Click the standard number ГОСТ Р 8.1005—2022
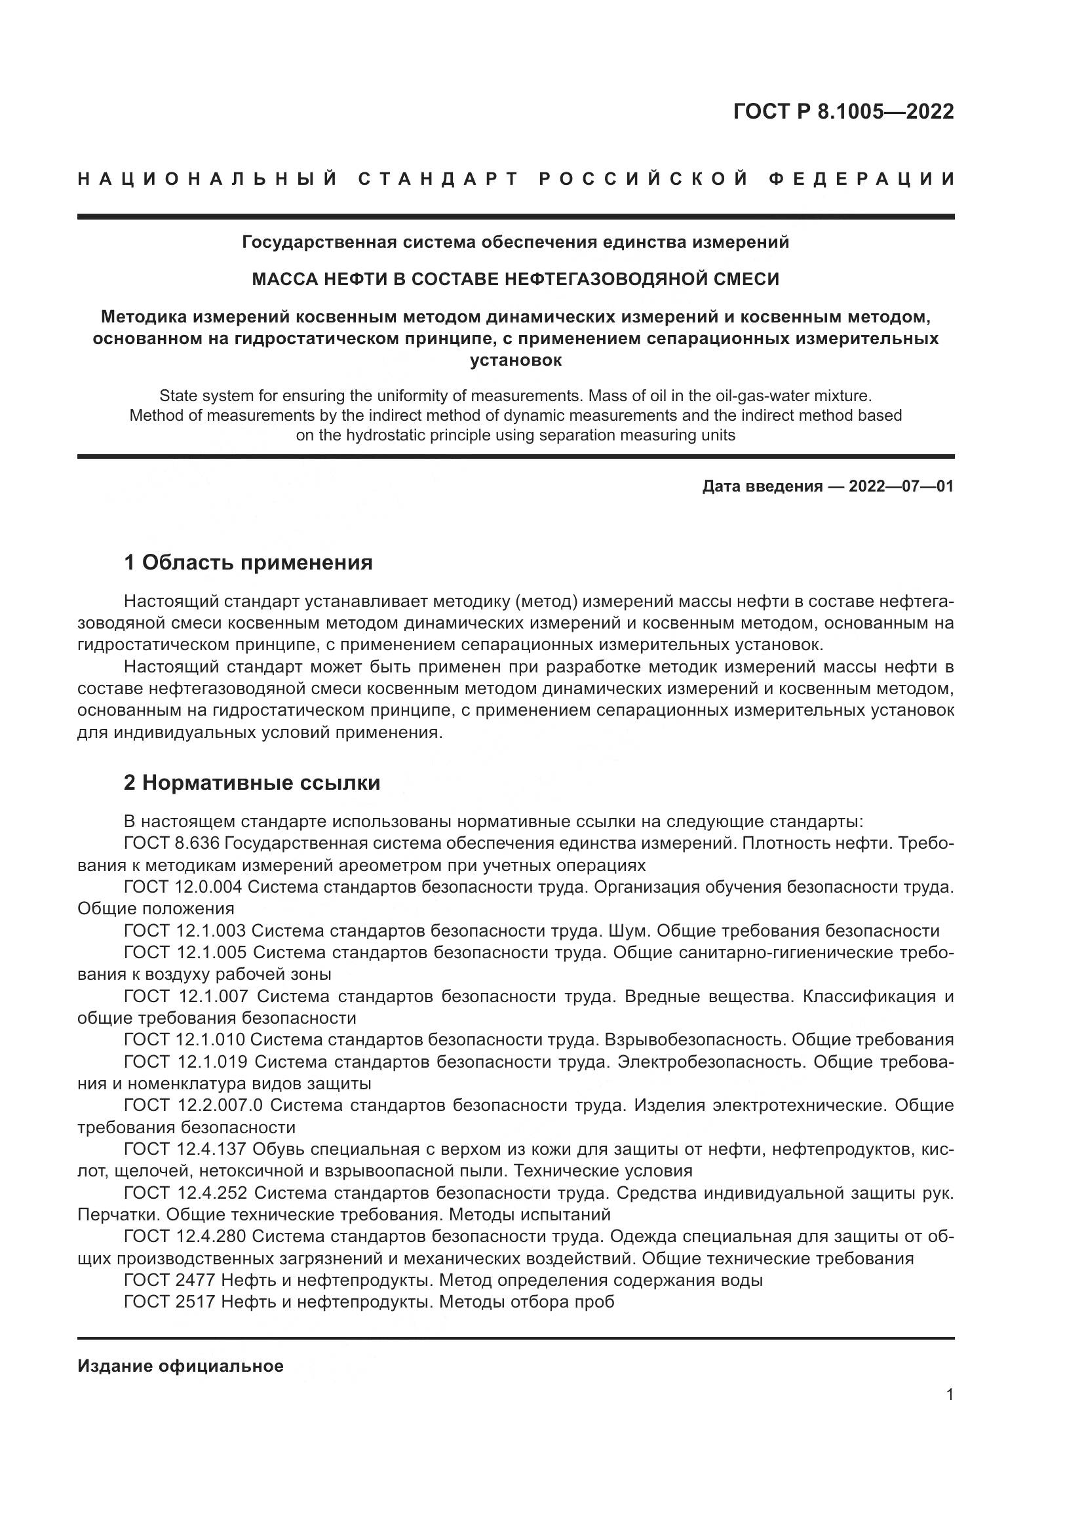pyautogui.click(x=843, y=111)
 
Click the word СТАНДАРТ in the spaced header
pyautogui.click(x=438, y=179)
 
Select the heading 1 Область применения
pyautogui.click(x=248, y=563)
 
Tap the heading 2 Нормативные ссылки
pyautogui.click(x=252, y=783)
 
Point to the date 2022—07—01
pyautogui.click(x=901, y=486)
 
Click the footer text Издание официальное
pyautogui.click(x=180, y=1366)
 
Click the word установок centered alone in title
pyautogui.click(x=515, y=360)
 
